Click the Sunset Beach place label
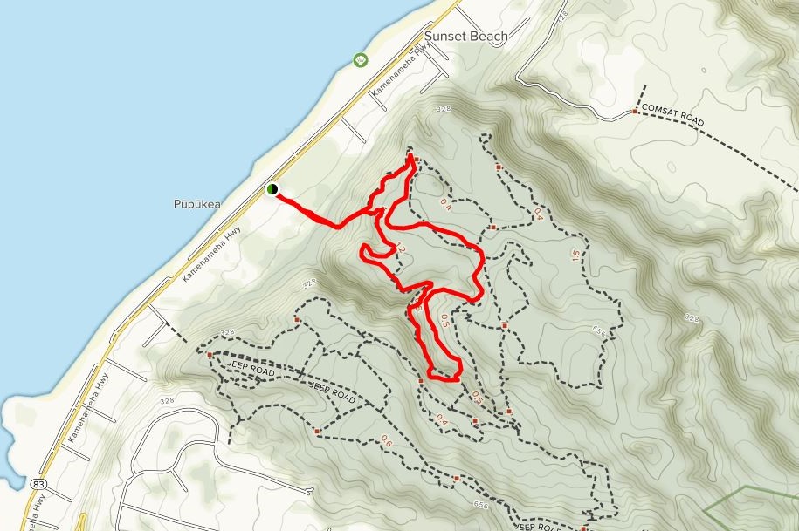465,37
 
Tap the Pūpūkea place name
196,205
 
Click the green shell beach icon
361,59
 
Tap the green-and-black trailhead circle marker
272,188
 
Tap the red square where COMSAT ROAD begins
635,111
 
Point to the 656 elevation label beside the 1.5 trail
598,330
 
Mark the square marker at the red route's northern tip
417,160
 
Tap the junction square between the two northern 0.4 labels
492,228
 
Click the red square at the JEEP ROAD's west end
210,355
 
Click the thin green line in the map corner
751,497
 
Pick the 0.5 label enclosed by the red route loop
444,319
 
